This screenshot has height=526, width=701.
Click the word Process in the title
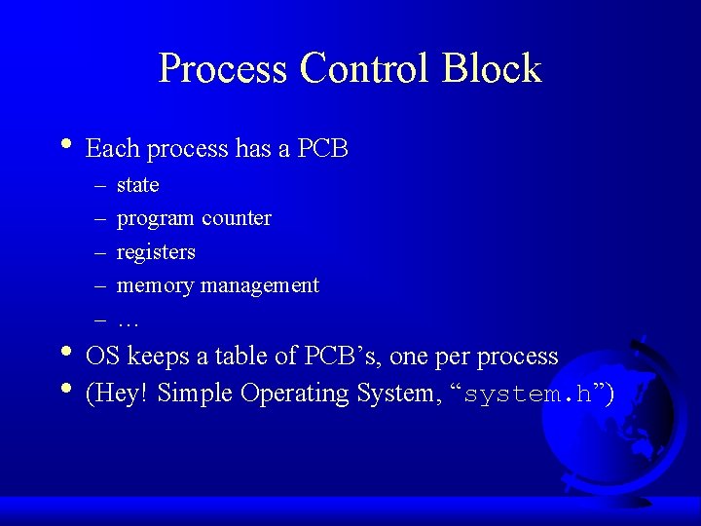[223, 69]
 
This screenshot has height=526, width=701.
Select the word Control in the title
[365, 69]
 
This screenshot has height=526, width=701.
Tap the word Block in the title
[491, 69]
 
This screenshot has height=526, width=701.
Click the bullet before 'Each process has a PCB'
[65, 144]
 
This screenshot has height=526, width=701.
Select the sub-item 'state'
[137, 185]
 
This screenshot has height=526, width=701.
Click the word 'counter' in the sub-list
[237, 218]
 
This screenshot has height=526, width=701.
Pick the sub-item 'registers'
[156, 252]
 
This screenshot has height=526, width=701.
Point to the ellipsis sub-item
[127, 320]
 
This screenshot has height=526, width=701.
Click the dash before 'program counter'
[100, 219]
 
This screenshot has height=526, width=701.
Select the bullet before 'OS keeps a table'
[65, 352]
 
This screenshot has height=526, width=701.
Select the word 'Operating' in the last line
[293, 394]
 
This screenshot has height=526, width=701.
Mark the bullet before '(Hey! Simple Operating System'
[65, 389]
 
